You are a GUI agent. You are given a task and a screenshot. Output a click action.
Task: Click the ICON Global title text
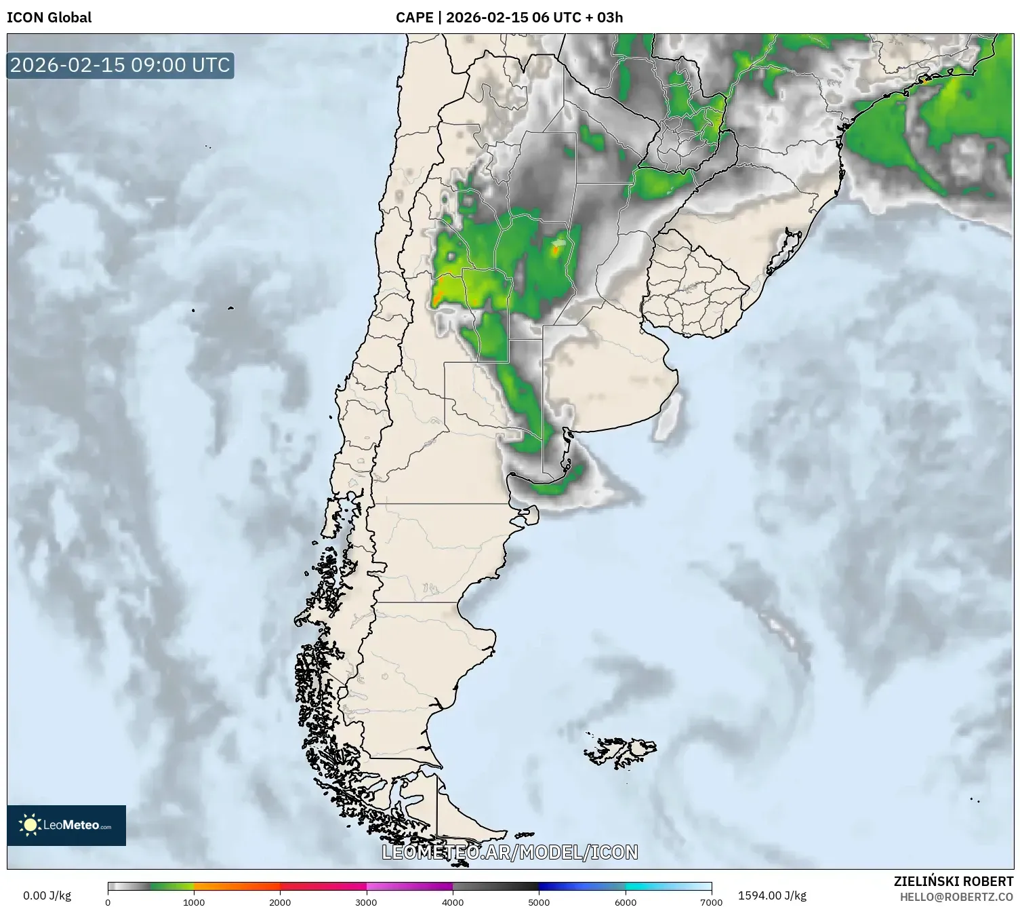click(x=49, y=18)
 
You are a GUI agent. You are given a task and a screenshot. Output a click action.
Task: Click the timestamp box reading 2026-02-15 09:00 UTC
click(x=120, y=65)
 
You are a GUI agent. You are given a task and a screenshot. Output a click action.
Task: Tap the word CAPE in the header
click(x=413, y=18)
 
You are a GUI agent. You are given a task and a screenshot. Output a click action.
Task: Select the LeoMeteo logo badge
click(x=66, y=825)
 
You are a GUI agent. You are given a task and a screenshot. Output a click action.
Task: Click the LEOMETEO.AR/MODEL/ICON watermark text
click(x=510, y=852)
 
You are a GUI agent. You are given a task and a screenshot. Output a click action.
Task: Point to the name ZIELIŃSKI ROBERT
click(x=953, y=882)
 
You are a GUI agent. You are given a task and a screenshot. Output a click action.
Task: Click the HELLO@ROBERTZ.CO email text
click(x=956, y=897)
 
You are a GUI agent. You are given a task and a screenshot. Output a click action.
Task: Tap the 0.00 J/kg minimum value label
click(x=47, y=895)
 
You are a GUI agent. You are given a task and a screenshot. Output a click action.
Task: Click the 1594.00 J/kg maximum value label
click(x=772, y=895)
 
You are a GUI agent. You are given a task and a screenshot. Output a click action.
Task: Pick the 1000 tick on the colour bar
click(x=194, y=902)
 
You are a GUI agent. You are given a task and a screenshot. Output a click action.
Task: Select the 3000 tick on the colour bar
click(x=367, y=902)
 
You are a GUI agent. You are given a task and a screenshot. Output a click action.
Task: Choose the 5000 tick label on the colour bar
click(x=539, y=902)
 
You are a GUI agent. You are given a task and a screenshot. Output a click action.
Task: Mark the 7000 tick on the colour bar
click(x=711, y=902)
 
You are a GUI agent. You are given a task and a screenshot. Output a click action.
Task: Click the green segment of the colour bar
click(x=169, y=886)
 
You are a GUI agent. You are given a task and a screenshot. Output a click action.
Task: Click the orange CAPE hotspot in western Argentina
click(x=439, y=293)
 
